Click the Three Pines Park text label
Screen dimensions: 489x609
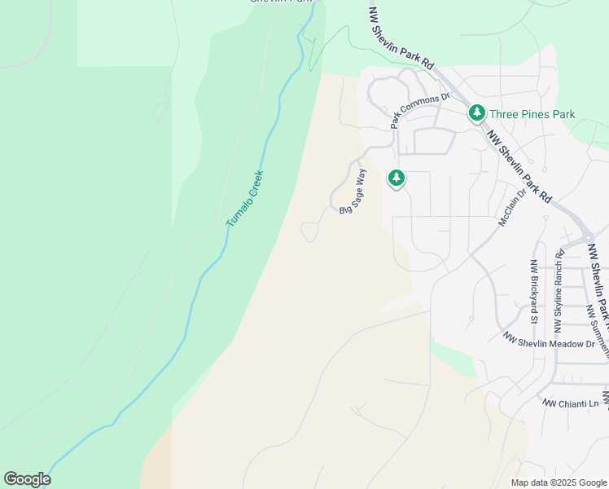click(x=532, y=114)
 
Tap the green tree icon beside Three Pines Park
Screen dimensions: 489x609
click(x=477, y=114)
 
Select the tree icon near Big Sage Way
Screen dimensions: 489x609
click(x=397, y=178)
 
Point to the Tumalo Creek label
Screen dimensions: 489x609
click(x=245, y=197)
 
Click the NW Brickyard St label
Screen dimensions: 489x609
click(x=534, y=291)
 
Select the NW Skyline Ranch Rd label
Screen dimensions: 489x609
click(x=559, y=291)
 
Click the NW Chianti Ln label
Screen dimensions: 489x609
click(x=571, y=403)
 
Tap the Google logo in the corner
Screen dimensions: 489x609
click(x=27, y=479)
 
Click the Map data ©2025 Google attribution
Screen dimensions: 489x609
click(x=558, y=482)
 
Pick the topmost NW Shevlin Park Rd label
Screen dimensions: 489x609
click(x=402, y=39)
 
